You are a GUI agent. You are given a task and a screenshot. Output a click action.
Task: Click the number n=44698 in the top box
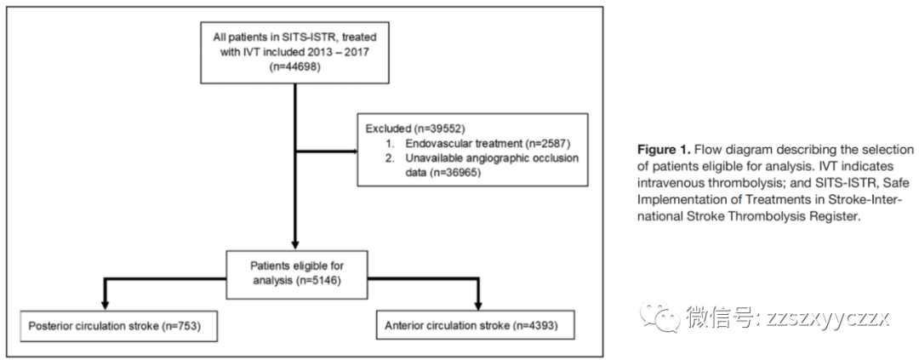pos(294,66)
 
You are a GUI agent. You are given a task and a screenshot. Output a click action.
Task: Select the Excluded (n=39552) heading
pos(408,128)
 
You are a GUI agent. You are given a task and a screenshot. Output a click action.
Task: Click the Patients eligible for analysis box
pos(297,274)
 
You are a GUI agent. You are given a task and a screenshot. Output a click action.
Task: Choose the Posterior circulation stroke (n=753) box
pos(118,325)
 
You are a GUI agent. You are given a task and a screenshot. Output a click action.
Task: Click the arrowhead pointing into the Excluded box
pos(355,151)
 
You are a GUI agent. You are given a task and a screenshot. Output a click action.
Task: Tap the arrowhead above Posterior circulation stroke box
pos(106,305)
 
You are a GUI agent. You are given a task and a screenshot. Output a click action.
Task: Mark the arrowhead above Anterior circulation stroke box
pos(477,305)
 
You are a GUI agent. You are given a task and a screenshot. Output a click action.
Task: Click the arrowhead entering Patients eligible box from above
pos(294,245)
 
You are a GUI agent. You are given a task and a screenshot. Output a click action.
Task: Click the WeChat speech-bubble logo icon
pos(659,316)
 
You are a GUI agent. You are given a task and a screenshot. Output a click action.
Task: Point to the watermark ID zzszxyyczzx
pos(828,318)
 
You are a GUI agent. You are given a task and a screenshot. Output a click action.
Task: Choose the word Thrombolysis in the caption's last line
pos(786,215)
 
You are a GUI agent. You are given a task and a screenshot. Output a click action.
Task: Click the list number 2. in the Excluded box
pos(389,158)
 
